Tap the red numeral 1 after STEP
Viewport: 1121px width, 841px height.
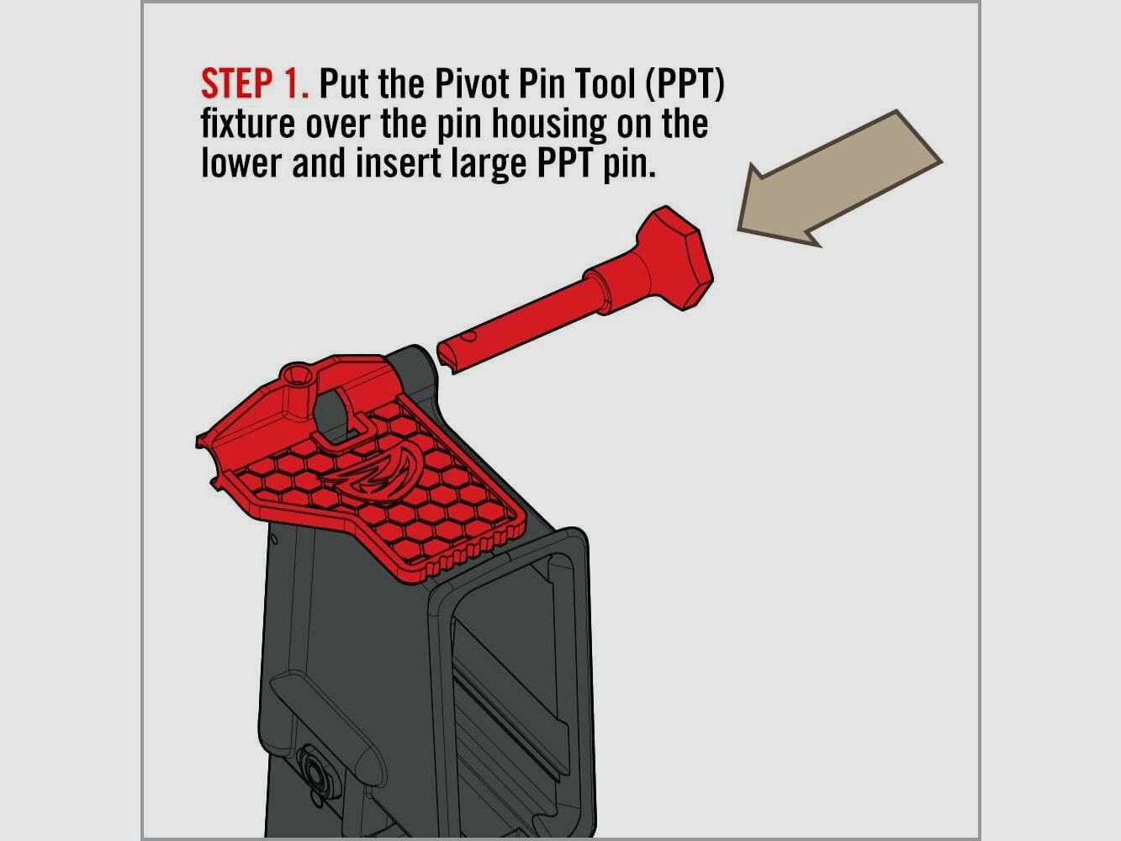293,84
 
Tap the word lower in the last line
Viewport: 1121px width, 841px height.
241,163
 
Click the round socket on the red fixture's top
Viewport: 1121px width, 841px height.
298,376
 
